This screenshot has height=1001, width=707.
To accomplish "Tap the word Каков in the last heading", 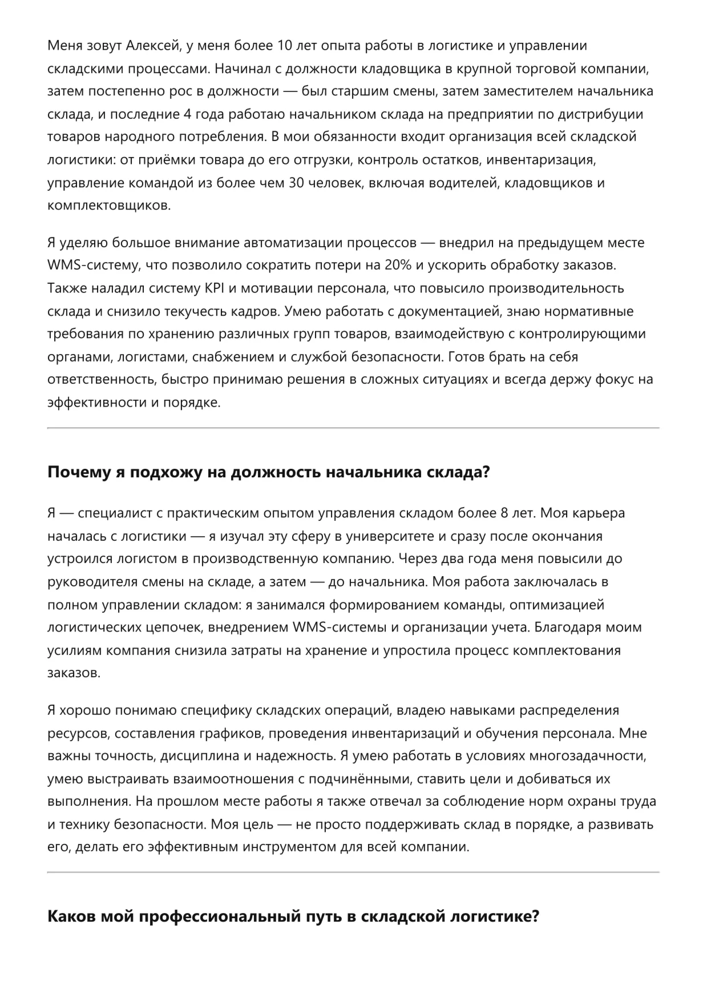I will (71, 917).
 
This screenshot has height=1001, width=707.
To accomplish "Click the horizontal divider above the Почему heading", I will (353, 428).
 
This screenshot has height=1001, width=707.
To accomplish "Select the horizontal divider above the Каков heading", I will (353, 872).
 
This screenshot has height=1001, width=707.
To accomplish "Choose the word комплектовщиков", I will (108, 206).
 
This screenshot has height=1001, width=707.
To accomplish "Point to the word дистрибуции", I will (604, 114).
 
